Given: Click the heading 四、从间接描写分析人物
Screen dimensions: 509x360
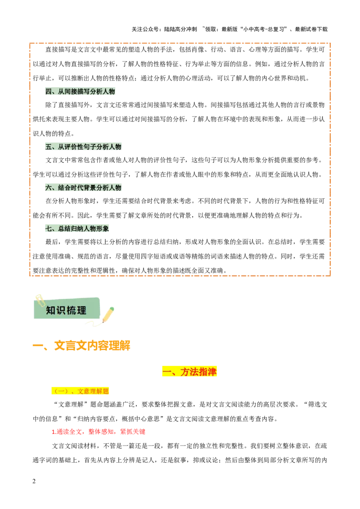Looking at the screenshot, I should pos(81,92).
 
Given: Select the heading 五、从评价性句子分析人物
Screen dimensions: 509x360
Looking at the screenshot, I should pos(83,147).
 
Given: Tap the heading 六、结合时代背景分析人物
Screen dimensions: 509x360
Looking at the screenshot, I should pos(83,188).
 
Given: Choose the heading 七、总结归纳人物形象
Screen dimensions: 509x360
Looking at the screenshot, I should pos(77,228).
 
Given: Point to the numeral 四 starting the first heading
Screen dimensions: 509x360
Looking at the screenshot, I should pos(49,92).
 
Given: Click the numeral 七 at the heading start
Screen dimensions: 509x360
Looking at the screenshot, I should pos(49,228).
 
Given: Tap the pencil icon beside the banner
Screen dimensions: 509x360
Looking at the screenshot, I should pos(108,314).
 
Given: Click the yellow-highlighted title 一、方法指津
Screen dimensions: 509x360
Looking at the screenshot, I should pos(190,371).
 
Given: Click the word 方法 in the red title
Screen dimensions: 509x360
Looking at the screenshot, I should pos(189,371).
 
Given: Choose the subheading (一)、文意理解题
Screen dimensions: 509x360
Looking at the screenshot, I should pos(81,391).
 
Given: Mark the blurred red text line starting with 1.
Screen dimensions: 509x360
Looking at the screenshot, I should pos(99,432).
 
